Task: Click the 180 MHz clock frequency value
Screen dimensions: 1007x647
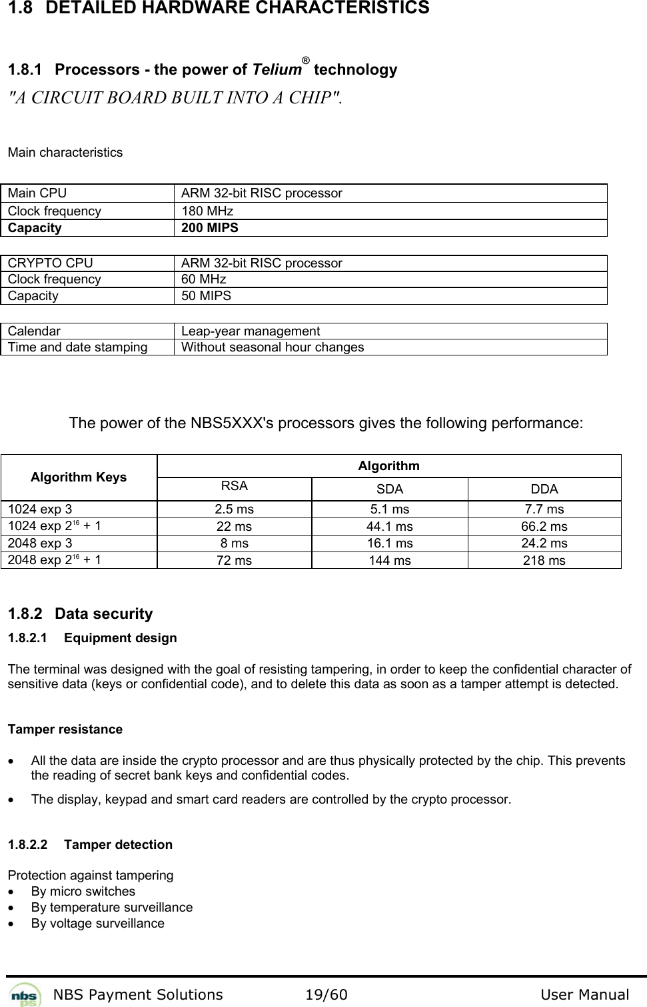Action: [x=207, y=211]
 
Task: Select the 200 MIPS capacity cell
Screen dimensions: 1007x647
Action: [x=210, y=228]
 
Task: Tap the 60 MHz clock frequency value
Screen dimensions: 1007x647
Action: [x=204, y=279]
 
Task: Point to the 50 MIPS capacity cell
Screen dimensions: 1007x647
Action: [x=207, y=296]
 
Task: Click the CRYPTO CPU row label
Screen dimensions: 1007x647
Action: [x=51, y=263]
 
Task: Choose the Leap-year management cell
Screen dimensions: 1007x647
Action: [x=251, y=331]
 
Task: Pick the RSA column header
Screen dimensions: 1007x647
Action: [x=235, y=486]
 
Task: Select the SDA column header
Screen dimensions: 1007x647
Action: [x=390, y=489]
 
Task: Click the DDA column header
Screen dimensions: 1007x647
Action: [x=544, y=489]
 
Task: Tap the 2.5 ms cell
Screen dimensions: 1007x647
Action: [x=235, y=510]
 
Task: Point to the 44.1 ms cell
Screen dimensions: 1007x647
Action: [x=390, y=527]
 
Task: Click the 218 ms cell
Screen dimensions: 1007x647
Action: [x=544, y=561]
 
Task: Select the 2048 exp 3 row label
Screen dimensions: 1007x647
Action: [x=40, y=544]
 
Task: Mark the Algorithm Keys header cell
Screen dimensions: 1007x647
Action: [x=79, y=477]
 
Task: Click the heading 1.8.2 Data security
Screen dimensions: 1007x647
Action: [x=80, y=614]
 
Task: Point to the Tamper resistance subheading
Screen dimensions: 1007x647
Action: [x=65, y=730]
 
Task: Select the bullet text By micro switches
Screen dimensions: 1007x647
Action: [x=83, y=892]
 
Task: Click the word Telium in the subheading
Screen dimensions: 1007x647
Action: [x=275, y=70]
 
